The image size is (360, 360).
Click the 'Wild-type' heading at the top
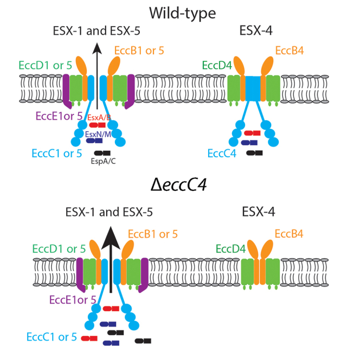pyautogui.click(x=180, y=11)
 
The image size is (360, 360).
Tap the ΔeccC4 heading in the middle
pyautogui.click(x=179, y=185)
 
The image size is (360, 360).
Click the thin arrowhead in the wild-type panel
pyautogui.click(x=98, y=50)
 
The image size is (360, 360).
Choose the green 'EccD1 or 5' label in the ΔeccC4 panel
pyautogui.click(x=58, y=249)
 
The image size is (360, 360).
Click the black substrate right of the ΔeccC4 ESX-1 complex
pyautogui.click(x=143, y=340)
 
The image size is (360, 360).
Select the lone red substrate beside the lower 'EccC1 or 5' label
pyautogui.click(x=89, y=338)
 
